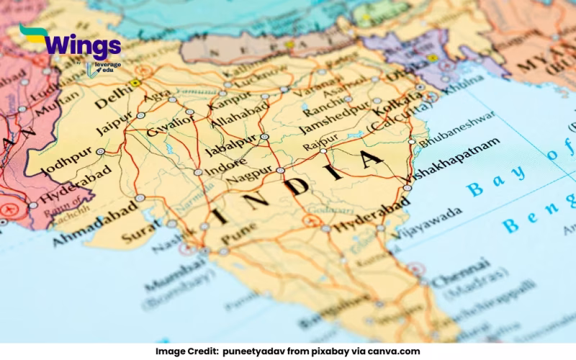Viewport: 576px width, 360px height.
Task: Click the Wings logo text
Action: [83, 45]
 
